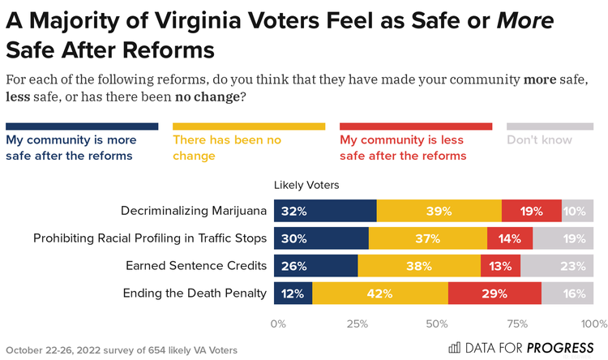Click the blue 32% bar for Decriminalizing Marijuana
(x=325, y=211)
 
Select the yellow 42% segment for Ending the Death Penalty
(x=379, y=294)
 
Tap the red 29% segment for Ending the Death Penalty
(x=494, y=294)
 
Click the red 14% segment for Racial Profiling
(x=510, y=238)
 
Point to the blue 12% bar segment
(x=293, y=294)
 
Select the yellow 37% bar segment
(x=428, y=238)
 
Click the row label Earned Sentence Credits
(x=196, y=266)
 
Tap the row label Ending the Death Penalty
(x=195, y=294)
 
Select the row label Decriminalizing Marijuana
(x=194, y=211)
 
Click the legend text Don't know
(x=539, y=139)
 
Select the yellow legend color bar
(x=249, y=126)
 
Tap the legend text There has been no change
(x=227, y=147)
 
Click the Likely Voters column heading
(x=306, y=185)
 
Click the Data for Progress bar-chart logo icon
(x=454, y=349)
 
